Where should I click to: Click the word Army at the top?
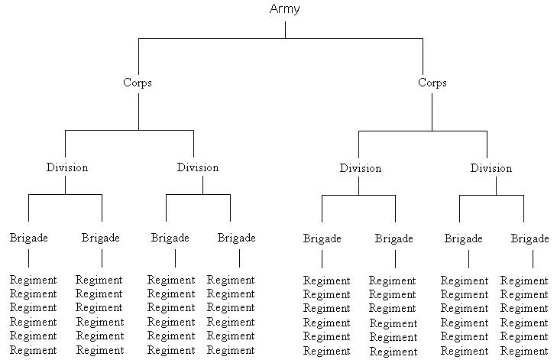pos(285,9)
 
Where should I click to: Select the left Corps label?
pos(138,83)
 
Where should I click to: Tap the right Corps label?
pos(432,83)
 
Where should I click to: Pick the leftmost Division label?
pos(66,167)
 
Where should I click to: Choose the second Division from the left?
pos(197,167)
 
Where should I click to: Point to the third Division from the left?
pos(361,168)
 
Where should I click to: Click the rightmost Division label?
pos(491,168)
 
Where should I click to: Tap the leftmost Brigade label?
pos(29,238)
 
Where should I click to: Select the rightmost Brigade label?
pos(530,238)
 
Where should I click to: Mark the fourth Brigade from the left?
pos(237,238)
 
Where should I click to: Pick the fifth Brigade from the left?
pos(322,238)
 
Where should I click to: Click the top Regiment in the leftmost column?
pos(34,280)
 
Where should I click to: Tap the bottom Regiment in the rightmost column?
pos(524,351)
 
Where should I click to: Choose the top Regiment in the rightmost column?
pos(524,281)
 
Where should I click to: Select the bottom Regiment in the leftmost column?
pos(34,350)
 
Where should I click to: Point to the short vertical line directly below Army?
pos(285,29)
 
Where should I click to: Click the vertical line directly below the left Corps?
pos(138,111)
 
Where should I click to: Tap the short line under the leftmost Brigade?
pos(29,258)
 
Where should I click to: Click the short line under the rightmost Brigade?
pos(533,259)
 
